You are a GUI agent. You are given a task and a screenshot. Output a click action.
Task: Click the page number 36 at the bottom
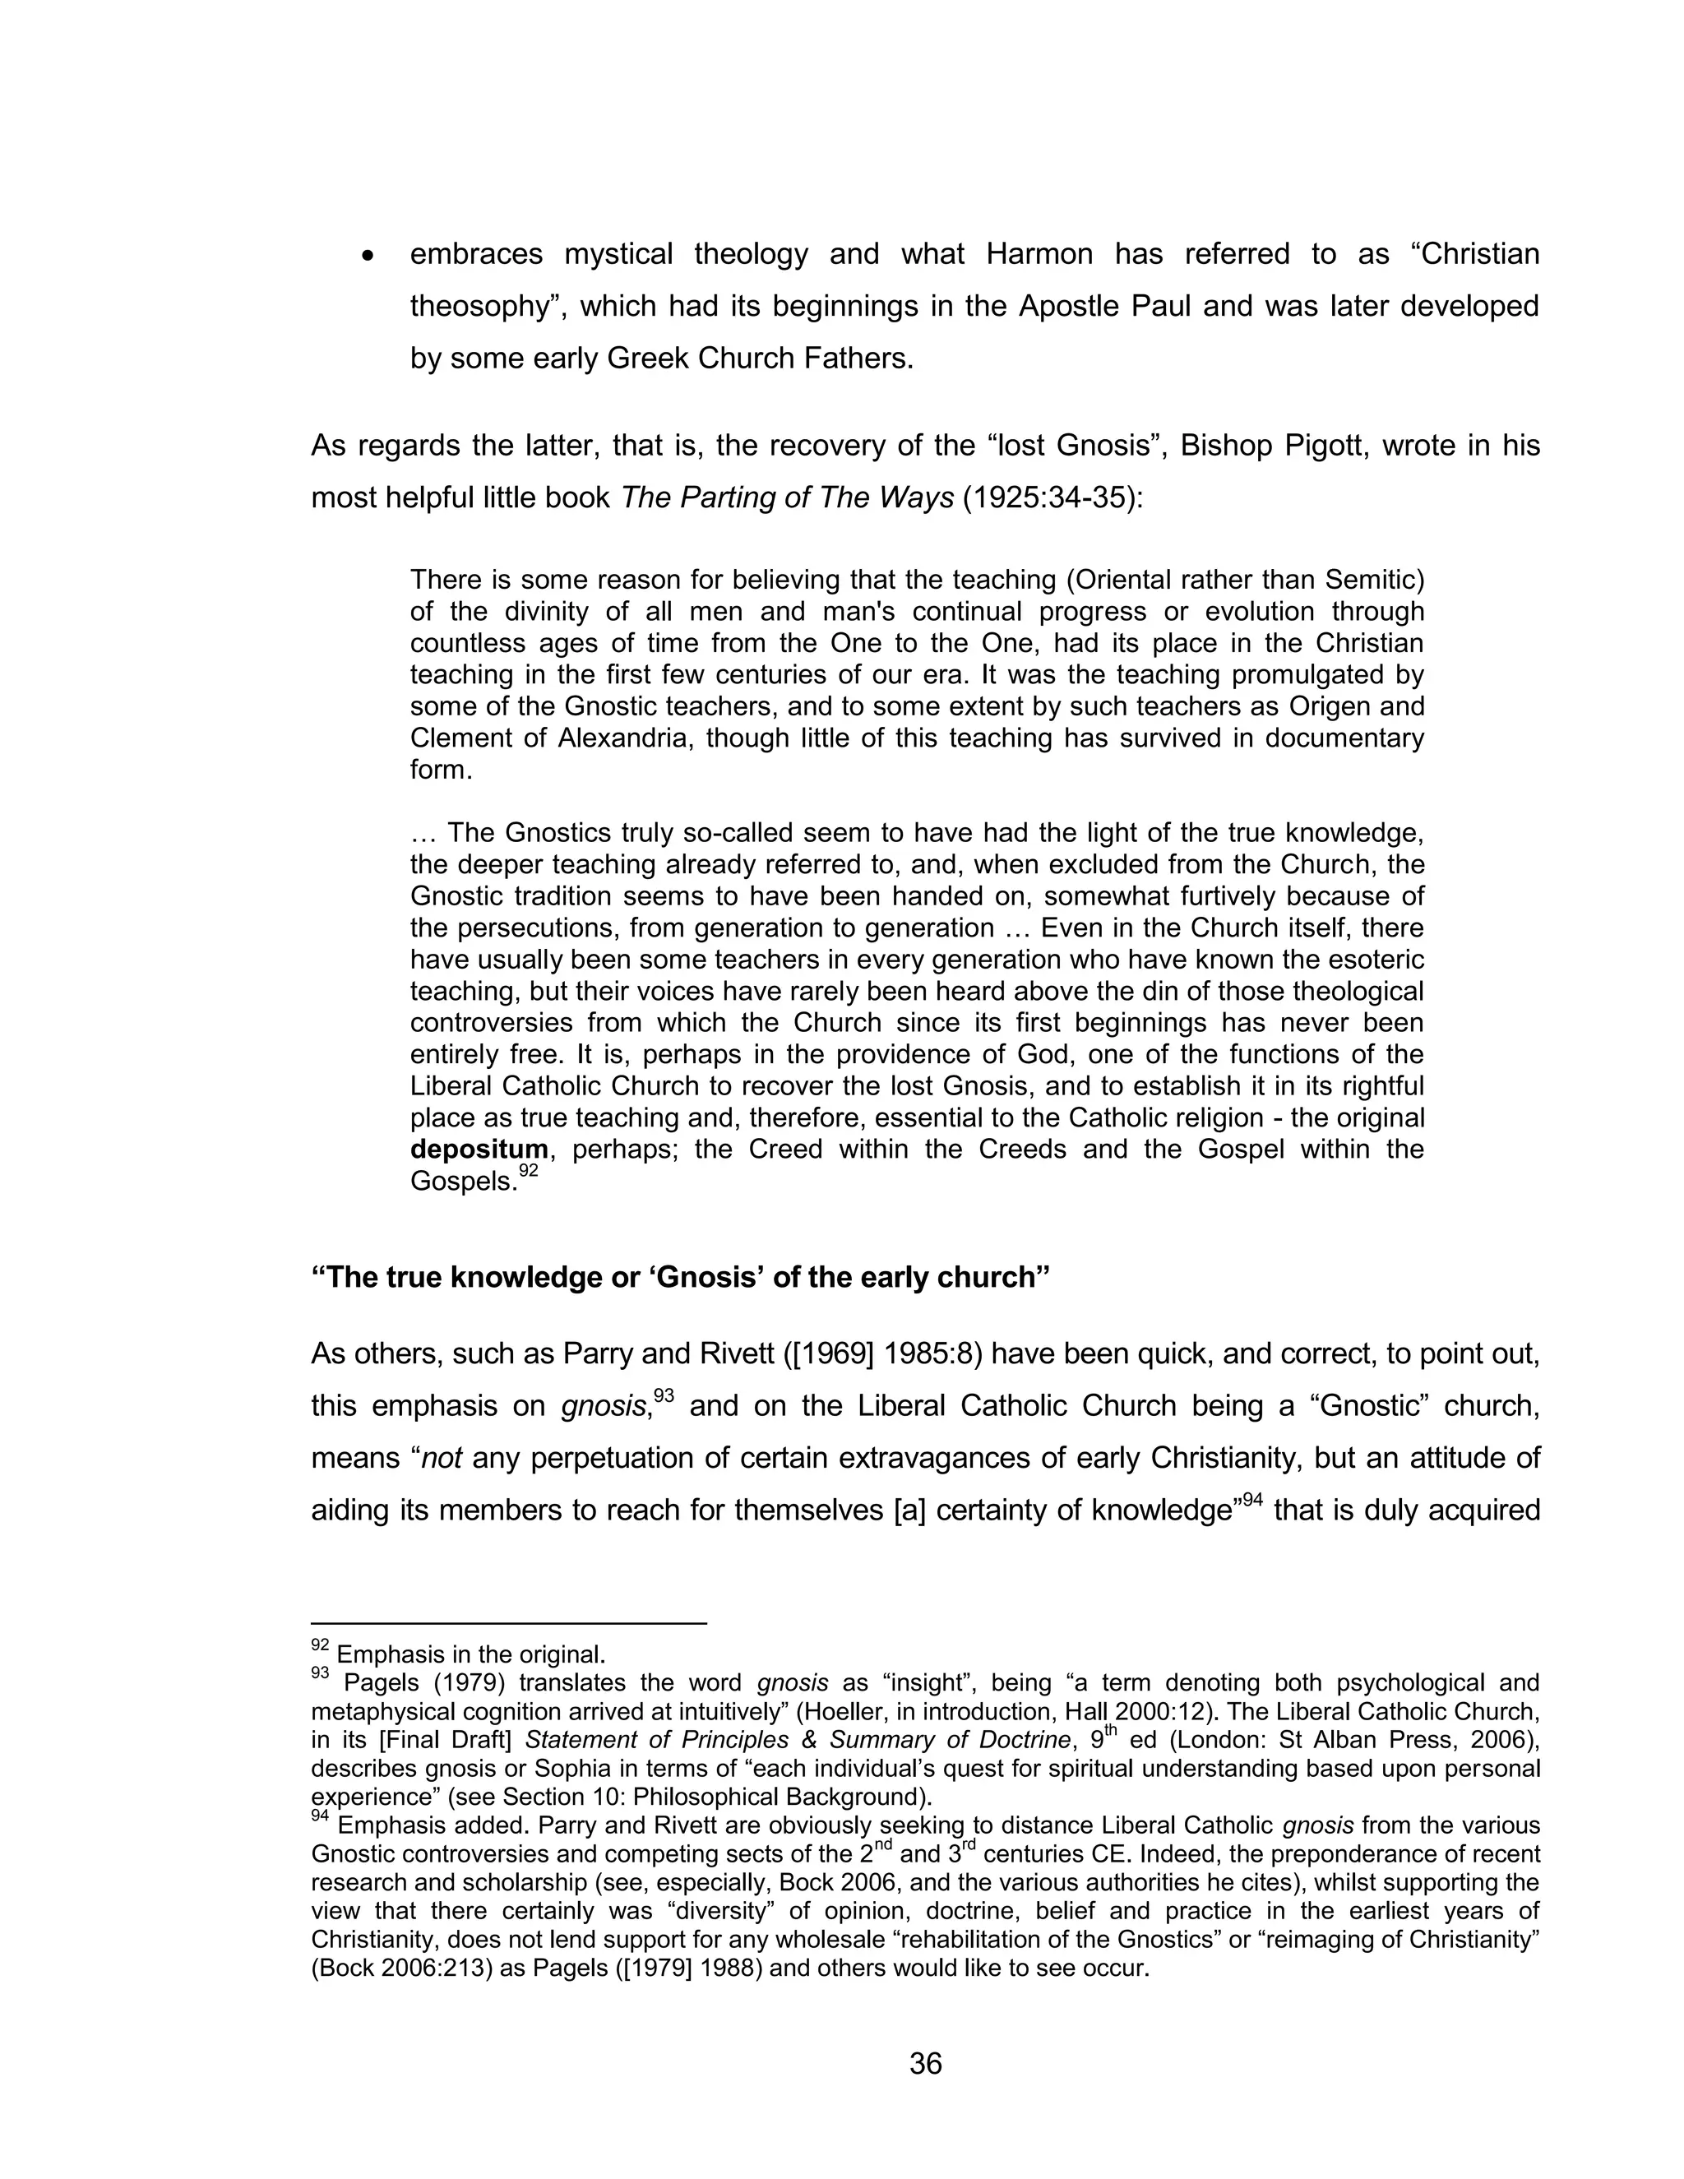(925, 2062)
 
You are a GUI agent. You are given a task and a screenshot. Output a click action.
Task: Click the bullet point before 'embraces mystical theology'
(369, 257)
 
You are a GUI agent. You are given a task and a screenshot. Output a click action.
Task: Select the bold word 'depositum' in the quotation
(479, 1149)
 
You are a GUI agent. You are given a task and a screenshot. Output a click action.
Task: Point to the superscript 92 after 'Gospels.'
(529, 1170)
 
